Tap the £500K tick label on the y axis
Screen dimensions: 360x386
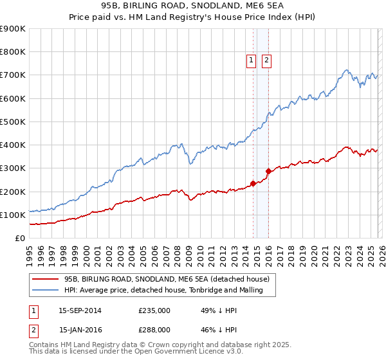coord(13,122)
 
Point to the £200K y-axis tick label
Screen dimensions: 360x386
coord(13,192)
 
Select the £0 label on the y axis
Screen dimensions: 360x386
coord(20,239)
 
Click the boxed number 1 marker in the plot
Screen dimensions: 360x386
coord(251,61)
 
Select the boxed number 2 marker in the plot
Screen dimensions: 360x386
coord(266,61)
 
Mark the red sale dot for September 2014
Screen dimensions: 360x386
coord(253,183)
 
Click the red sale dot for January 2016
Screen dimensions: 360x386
coord(268,171)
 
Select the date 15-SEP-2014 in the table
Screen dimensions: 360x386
coord(80,310)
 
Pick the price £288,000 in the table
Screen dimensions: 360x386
coord(154,329)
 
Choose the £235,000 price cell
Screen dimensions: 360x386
coord(154,310)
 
